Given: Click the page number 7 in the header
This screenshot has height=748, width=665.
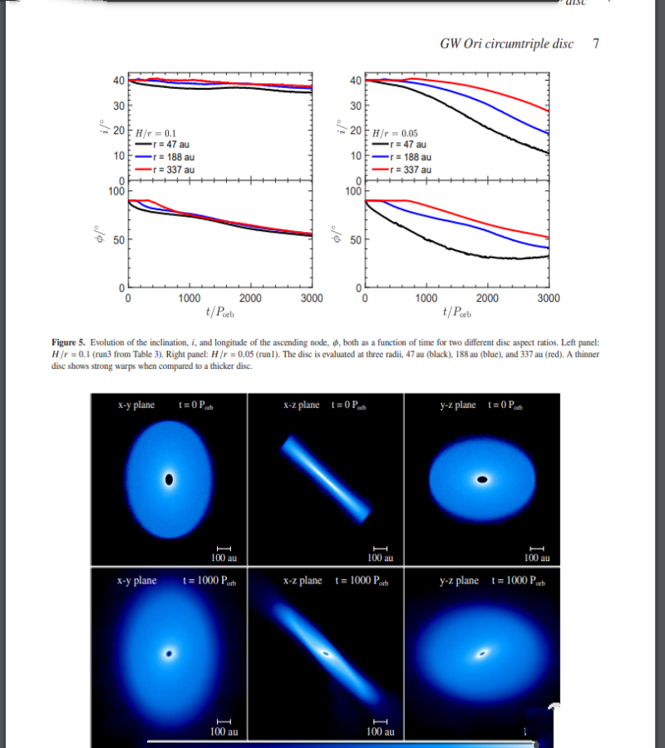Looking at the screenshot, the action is (596, 43).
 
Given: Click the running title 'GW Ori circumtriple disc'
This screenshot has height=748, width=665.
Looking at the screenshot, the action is (506, 44).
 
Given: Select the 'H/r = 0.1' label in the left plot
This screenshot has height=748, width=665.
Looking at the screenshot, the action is (155, 134).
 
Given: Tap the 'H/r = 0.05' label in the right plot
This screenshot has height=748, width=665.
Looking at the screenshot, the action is (395, 134).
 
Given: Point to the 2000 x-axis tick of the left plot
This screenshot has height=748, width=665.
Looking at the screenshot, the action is (250, 298).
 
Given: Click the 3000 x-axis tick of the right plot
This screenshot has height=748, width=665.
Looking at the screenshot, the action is (549, 298).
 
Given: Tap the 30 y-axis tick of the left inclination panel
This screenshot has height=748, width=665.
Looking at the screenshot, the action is (119, 106).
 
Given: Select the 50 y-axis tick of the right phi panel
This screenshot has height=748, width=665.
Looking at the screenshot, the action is (356, 239).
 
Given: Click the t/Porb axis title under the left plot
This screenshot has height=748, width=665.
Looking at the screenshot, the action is (220, 312).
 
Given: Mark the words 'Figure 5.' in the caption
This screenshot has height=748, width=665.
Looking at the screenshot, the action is (68, 342).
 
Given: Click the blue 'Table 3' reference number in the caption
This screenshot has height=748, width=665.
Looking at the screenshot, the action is (155, 354).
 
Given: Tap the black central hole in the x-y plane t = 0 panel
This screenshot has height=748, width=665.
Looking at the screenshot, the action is (169, 480).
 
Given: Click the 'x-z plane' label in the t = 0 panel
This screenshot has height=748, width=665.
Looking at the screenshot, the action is (302, 405).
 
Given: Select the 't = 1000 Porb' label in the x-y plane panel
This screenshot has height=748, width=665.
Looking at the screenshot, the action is (209, 581).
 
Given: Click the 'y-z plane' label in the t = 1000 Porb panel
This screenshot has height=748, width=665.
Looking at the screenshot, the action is (459, 581).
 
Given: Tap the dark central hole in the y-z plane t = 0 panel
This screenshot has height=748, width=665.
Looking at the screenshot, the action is (482, 480).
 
